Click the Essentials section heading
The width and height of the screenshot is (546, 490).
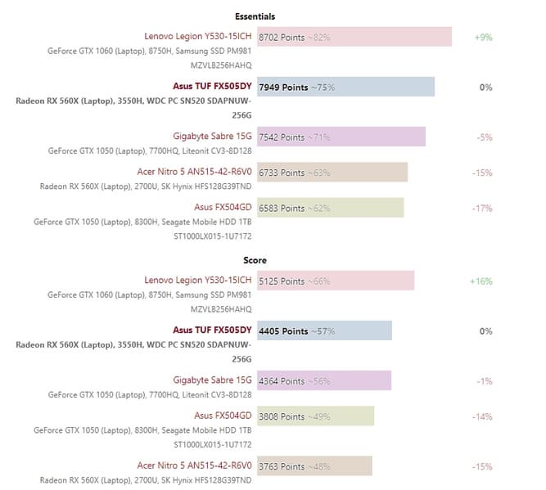coord(255,16)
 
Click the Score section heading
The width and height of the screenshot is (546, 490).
coord(255,261)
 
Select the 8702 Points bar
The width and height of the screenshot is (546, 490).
coord(354,37)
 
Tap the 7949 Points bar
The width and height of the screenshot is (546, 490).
coord(345,87)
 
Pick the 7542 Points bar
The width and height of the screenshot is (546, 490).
coord(341,137)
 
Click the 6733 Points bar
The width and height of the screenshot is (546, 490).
coord(332,173)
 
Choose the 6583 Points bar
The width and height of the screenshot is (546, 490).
coord(330,208)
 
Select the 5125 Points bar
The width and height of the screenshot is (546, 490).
coord(336,281)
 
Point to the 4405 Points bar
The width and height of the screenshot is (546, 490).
coord(324,331)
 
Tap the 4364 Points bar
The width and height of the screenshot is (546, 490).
coord(324,380)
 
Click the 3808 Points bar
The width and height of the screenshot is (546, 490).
coord(315,416)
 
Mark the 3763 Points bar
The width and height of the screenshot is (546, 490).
coord(314,466)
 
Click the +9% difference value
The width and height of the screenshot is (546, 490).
coord(483,38)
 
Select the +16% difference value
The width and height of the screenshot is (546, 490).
coord(481,281)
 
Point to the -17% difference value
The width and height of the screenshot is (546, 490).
coord(482,209)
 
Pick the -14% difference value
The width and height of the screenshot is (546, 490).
coord(482,417)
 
